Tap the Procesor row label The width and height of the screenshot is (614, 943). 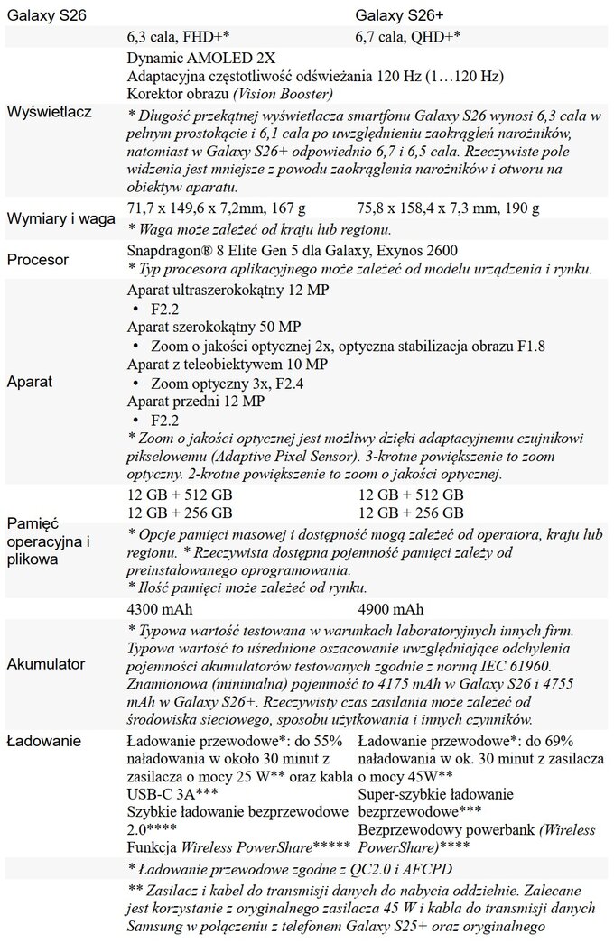tap(37, 260)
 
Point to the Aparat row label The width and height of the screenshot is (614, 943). tap(30, 382)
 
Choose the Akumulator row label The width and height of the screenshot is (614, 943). tap(45, 664)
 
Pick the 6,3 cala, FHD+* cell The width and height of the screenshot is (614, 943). tap(179, 38)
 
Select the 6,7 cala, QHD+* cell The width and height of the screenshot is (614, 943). tap(409, 38)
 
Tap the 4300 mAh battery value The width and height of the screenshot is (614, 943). tap(161, 607)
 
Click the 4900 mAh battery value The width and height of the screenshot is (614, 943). tap(390, 607)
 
